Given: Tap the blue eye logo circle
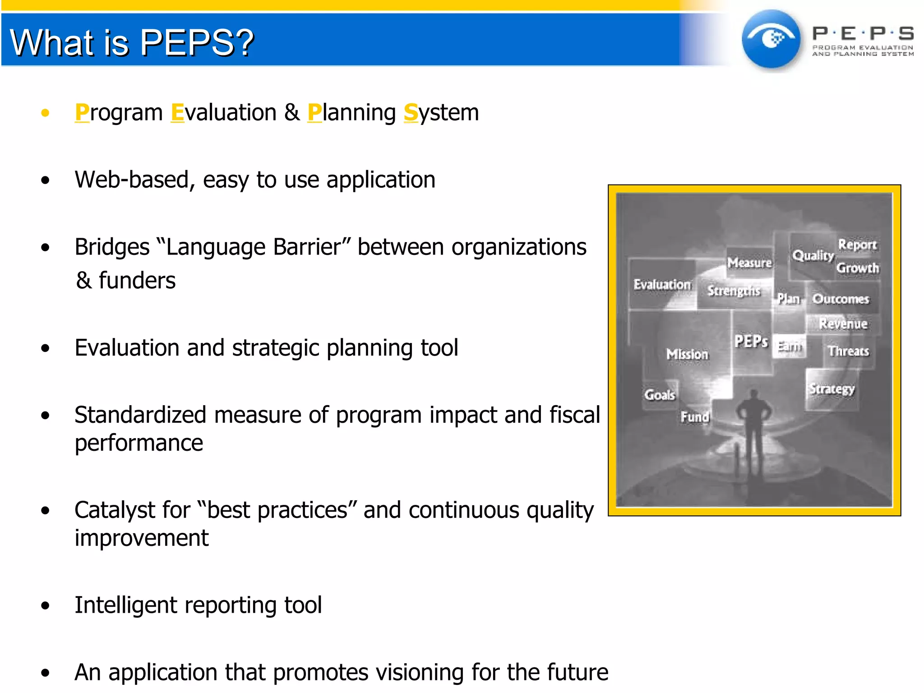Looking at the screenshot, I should pos(771,40).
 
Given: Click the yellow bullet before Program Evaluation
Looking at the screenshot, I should pos(45,113).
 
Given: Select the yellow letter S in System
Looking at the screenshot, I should pos(411,112).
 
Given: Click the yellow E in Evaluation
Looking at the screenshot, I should pos(178,112).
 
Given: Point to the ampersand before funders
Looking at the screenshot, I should pos(84,281).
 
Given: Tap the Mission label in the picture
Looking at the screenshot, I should pos(687,355).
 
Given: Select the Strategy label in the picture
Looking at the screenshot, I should pos(832,389).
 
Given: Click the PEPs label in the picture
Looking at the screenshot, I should pos(751,342).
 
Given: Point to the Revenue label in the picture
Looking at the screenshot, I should pos(843,324).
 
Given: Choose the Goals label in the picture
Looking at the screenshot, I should pos(660,395).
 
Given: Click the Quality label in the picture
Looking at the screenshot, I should pos(813,256).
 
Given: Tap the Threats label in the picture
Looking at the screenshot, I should pos(848,351).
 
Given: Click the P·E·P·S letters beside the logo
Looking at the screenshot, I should pos(863,33).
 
